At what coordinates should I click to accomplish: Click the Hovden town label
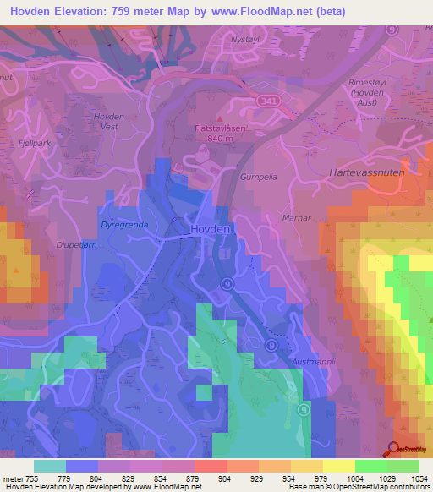pos(209,229)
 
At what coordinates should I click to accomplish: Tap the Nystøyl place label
pos(260,39)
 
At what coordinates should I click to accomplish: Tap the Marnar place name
pos(296,217)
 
